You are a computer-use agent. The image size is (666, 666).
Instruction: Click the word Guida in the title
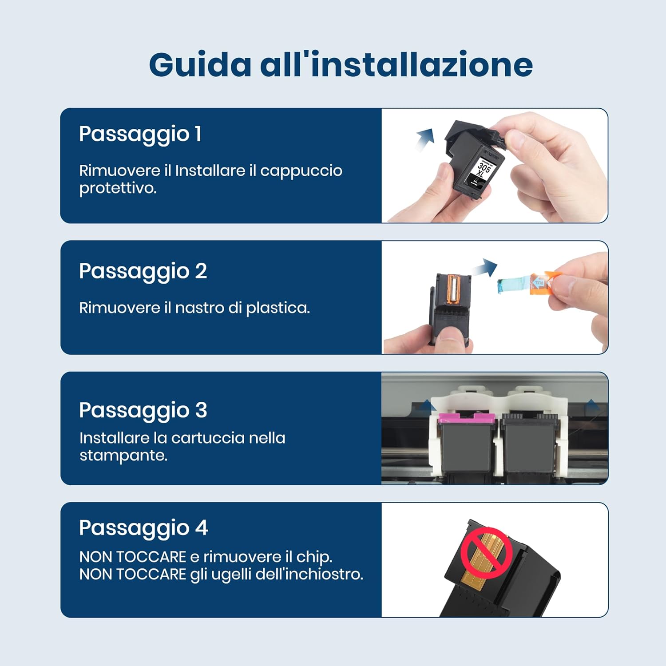tap(200, 65)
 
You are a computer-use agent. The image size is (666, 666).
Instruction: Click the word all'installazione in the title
tap(396, 65)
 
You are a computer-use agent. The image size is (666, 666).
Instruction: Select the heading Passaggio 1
tap(140, 134)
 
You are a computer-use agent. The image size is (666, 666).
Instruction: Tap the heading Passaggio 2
tap(143, 271)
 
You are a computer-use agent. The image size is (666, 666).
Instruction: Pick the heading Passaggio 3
tap(143, 410)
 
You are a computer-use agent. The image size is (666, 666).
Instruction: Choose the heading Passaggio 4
tap(143, 528)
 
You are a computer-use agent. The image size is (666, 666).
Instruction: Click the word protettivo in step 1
tap(118, 188)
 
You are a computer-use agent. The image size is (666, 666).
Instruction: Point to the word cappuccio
tap(301, 171)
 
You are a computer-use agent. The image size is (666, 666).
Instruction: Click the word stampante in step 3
tap(123, 456)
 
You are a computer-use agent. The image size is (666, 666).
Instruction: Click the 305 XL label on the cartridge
tap(483, 169)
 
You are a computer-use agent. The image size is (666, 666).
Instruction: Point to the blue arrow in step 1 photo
tap(425, 139)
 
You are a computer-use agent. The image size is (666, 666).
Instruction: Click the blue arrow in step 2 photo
tap(485, 268)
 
